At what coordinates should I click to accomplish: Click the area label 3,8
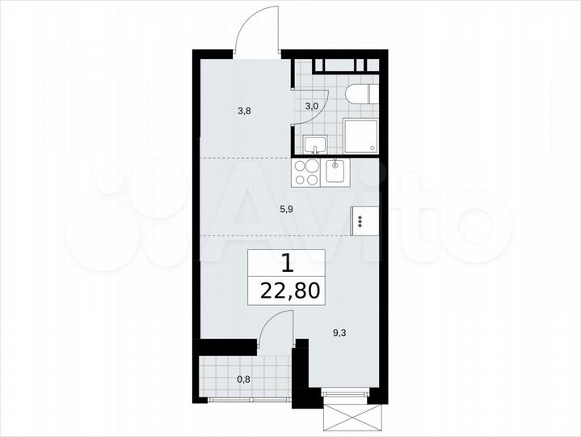point(244,112)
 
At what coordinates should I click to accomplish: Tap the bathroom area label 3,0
point(310,105)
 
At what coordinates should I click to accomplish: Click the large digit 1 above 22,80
point(287,263)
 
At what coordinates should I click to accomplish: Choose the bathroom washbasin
point(315,145)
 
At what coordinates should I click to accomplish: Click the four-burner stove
point(307,171)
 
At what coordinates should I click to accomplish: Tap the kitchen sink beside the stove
point(336,171)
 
